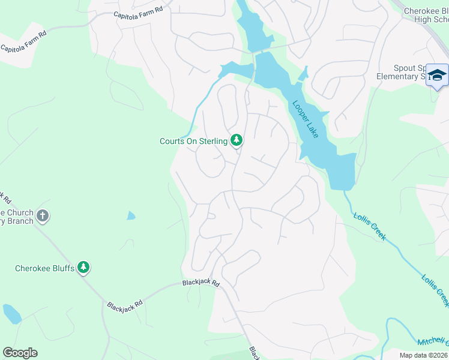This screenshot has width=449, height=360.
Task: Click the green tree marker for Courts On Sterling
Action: click(237, 140)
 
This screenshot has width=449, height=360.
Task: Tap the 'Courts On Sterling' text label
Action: click(193, 141)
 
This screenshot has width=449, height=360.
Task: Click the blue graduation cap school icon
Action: click(437, 76)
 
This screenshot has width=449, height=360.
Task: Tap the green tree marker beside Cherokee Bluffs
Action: click(84, 267)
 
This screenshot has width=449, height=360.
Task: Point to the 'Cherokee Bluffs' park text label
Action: click(45, 268)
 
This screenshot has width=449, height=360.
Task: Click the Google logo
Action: click(20, 353)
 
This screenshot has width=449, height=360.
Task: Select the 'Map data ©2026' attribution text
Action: click(423, 355)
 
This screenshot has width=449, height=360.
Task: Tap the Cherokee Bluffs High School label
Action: click(426, 15)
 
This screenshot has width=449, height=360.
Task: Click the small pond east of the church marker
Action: click(131, 215)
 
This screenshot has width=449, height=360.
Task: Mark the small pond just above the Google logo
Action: click(12, 314)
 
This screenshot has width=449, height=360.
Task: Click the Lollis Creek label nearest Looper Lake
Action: click(369, 227)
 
